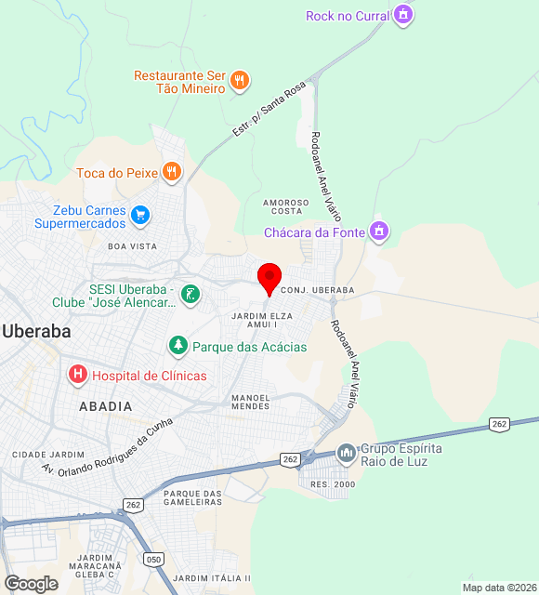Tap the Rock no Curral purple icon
pyautogui.click(x=402, y=15)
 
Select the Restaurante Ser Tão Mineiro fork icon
pyautogui.click(x=240, y=80)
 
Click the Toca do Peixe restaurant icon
pyautogui.click(x=171, y=171)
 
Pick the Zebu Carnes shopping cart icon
pyautogui.click(x=140, y=216)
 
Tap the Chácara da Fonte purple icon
pyautogui.click(x=378, y=231)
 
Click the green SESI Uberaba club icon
pyautogui.click(x=191, y=295)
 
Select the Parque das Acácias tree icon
pyautogui.click(x=177, y=346)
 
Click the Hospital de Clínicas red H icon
pyautogui.click(x=78, y=375)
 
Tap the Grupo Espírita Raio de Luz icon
pyautogui.click(x=347, y=454)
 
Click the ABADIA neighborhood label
pyautogui.click(x=105, y=406)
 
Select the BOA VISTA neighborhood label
pyautogui.click(x=132, y=246)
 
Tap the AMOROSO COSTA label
pyautogui.click(x=285, y=206)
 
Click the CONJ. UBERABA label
pyautogui.click(x=317, y=290)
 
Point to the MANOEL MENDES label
pyautogui.click(x=250, y=402)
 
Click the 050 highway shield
pyautogui.click(x=153, y=559)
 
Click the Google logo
pyautogui.click(x=30, y=583)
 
